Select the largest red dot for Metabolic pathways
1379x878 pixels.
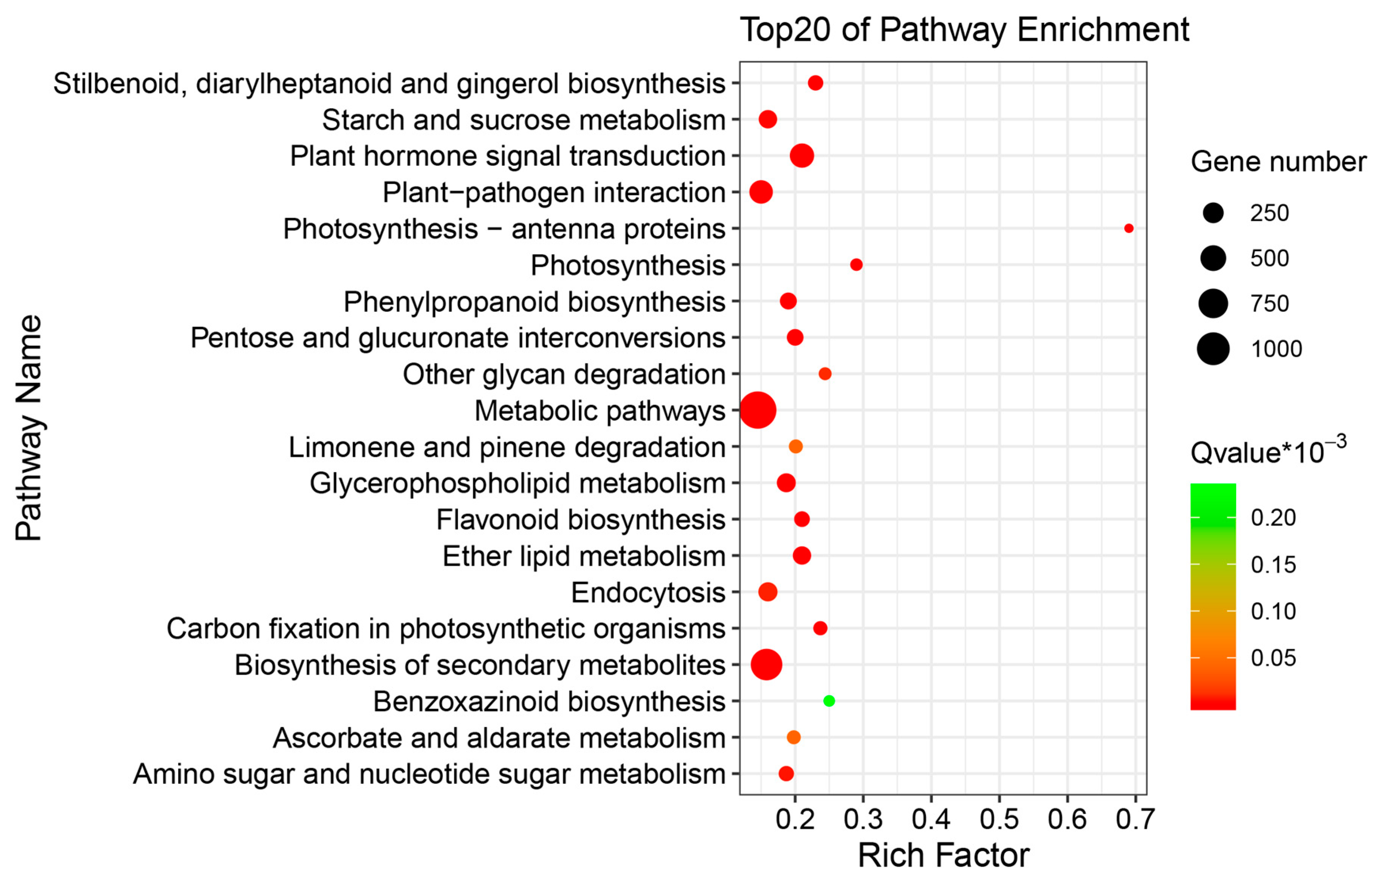[x=758, y=410]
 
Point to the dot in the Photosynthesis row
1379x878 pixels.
[x=856, y=265]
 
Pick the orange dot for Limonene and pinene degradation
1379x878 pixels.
[x=795, y=446]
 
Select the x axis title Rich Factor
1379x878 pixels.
[x=943, y=856]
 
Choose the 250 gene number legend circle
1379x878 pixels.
[x=1213, y=213]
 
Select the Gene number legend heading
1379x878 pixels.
[x=1278, y=162]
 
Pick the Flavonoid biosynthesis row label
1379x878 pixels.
[x=581, y=520]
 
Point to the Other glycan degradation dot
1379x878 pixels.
[x=825, y=374]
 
